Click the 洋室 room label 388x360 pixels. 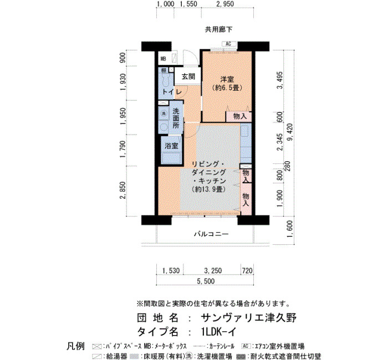pyautogui.click(x=227, y=79)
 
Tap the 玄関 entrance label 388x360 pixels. pyautogui.click(x=188, y=76)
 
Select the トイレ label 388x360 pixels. pyautogui.click(x=172, y=92)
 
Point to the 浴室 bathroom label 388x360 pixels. pyautogui.click(x=171, y=146)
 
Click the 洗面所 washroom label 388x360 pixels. pyautogui.click(x=176, y=118)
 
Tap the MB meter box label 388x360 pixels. pyautogui.click(x=164, y=59)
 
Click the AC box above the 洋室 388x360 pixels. pyautogui.click(x=228, y=44)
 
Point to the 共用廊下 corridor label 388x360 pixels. pyautogui.click(x=218, y=30)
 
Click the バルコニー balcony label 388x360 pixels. pyautogui.click(x=211, y=234)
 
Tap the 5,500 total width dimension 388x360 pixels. pyautogui.click(x=206, y=281)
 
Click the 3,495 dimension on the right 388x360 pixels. pyautogui.click(x=280, y=80)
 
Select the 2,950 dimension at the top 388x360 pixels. pyautogui.click(x=224, y=4)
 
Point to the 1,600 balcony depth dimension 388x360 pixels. pyautogui.click(x=290, y=229)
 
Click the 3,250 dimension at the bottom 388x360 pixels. pyautogui.click(x=212, y=270)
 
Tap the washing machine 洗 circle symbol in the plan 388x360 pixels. pyautogui.click(x=164, y=114)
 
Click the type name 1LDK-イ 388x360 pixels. pyautogui.click(x=219, y=332)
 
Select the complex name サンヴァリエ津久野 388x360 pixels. pyautogui.click(x=249, y=318)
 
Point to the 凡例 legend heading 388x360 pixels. pyautogui.click(x=76, y=346)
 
